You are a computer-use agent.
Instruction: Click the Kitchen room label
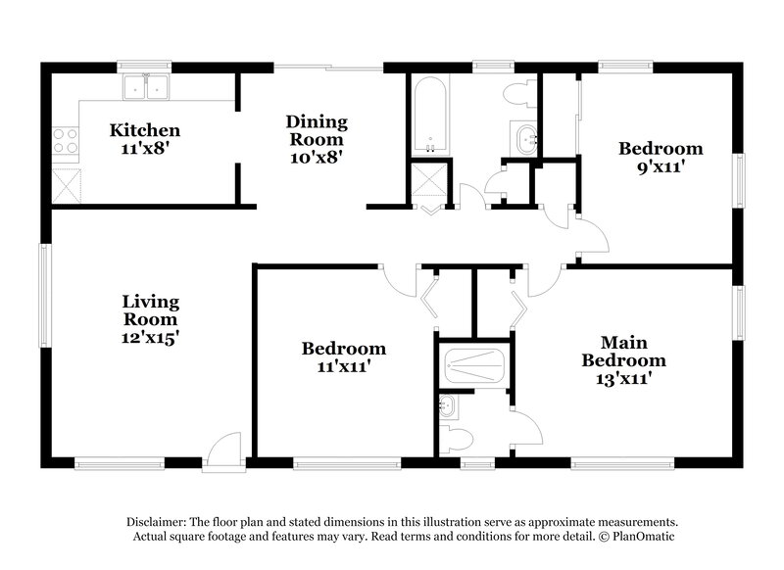tap(144, 129)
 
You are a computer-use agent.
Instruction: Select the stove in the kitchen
tap(65, 142)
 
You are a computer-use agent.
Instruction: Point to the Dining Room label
tap(317, 122)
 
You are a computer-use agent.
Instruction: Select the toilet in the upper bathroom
tap(519, 94)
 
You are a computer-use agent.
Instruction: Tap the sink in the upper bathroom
tap(526, 137)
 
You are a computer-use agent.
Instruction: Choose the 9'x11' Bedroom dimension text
tap(660, 166)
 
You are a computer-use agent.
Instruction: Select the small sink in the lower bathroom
tap(448, 404)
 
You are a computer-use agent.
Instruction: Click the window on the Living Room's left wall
tap(43, 284)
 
